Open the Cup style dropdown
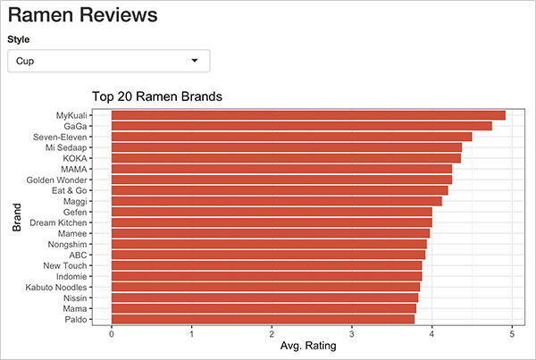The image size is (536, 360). click(x=108, y=61)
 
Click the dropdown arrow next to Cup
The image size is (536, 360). click(x=195, y=61)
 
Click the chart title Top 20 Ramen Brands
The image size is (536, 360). click(x=156, y=96)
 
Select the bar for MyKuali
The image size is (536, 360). click(x=307, y=115)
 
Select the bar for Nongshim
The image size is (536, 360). click(x=269, y=244)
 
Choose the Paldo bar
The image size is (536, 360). click(x=263, y=319)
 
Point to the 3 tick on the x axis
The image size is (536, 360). click(x=352, y=335)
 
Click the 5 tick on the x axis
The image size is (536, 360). click(x=512, y=335)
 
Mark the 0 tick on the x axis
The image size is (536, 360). click(x=111, y=335)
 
